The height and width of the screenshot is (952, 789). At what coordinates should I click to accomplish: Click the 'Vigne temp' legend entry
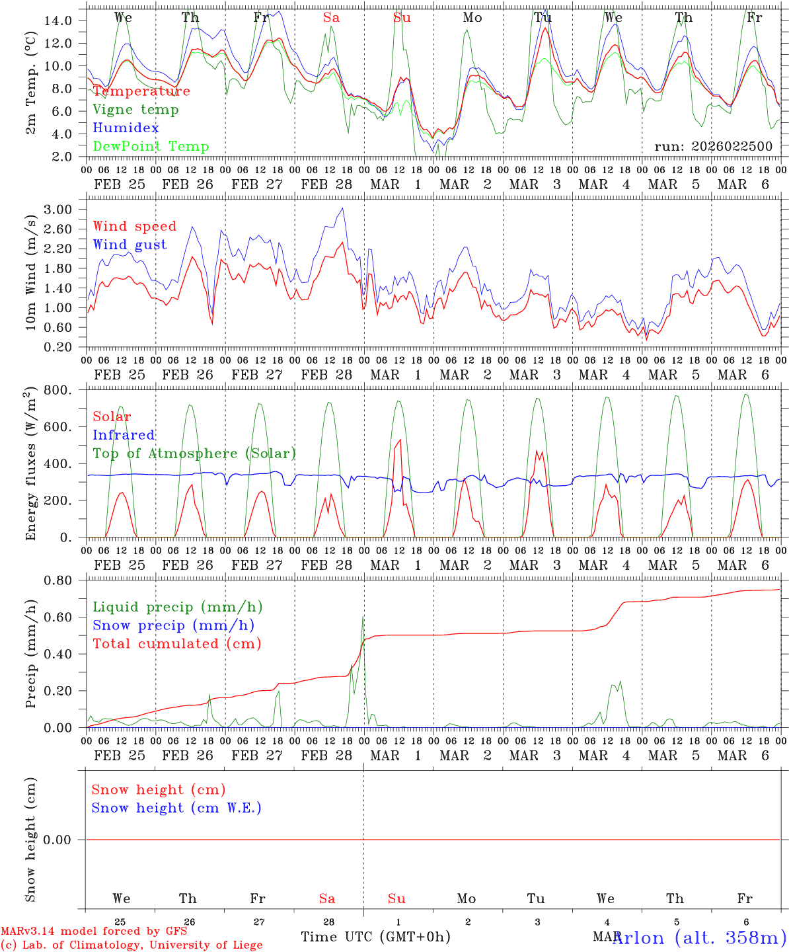coord(135,110)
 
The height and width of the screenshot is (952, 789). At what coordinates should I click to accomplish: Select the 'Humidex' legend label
coord(126,128)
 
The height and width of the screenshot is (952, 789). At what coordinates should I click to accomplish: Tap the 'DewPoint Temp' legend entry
coord(151,147)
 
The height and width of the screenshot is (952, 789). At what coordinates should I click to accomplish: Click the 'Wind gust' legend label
coord(130,245)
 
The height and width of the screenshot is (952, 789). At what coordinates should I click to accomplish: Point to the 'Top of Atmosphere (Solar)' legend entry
coord(194,454)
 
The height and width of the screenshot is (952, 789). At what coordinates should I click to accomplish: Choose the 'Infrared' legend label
coord(124,435)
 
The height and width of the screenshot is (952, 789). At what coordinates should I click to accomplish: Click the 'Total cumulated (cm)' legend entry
coord(177,643)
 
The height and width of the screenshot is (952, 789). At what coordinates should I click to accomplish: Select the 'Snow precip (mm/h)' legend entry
coord(174,625)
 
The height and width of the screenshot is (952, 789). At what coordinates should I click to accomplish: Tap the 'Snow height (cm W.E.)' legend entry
coord(176,808)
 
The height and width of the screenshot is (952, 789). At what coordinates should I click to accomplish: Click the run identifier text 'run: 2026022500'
coord(713,147)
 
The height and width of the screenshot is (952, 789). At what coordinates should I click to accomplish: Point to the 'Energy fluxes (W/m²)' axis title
coord(30,465)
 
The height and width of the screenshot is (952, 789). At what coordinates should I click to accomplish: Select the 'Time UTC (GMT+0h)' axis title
coord(375,937)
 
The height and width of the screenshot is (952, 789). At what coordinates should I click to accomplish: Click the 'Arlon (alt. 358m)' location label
coord(699,937)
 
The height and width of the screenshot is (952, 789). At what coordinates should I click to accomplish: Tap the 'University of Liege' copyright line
coord(131,945)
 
